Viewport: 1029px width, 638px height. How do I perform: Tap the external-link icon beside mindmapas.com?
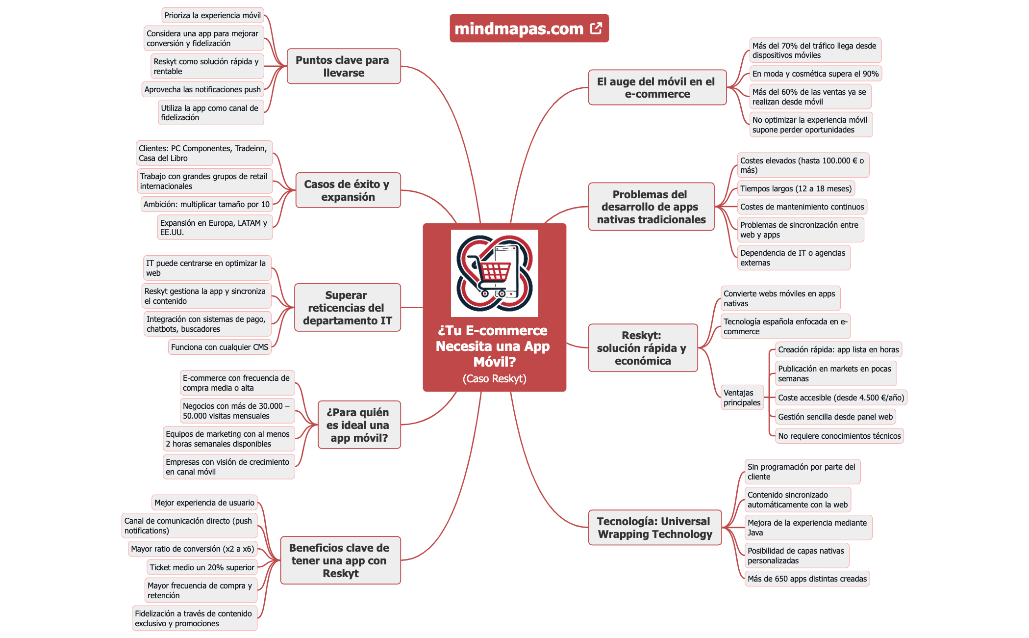click(x=596, y=28)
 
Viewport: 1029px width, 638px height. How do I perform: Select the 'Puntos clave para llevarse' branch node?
click(x=343, y=66)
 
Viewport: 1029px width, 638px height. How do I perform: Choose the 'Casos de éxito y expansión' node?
click(x=348, y=190)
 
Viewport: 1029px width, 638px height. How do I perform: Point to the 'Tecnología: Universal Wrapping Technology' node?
click(x=654, y=528)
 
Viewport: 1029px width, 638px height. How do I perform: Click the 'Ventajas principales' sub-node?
click(x=742, y=398)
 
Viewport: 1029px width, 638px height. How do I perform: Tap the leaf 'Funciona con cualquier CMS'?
click(x=220, y=347)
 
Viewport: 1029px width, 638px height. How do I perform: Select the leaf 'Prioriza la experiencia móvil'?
click(x=212, y=15)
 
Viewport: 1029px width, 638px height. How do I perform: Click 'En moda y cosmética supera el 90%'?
click(x=815, y=74)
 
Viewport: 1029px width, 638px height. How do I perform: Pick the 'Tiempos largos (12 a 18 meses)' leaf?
click(x=796, y=188)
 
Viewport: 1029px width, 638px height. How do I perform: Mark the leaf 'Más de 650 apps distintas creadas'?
click(x=807, y=579)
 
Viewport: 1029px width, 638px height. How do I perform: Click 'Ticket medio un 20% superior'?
click(x=202, y=567)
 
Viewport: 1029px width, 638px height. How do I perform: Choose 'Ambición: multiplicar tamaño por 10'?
click(x=206, y=204)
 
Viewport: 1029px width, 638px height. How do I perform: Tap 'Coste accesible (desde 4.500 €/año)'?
click(x=841, y=398)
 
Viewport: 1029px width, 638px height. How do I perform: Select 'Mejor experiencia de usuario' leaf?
click(x=204, y=503)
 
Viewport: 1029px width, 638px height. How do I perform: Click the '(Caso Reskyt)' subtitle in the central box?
click(x=494, y=378)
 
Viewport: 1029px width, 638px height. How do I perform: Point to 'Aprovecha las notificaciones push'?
click(x=202, y=89)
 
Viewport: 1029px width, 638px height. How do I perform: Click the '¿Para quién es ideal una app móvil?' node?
click(x=358, y=425)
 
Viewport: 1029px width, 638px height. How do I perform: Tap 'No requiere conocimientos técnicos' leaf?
click(x=839, y=436)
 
